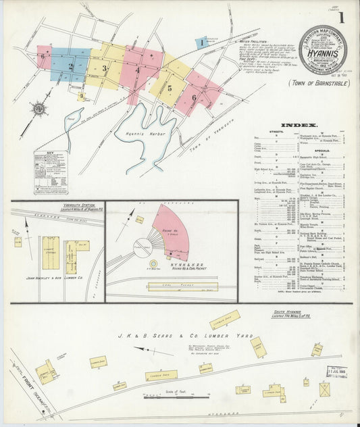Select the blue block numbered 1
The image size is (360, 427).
pos(201,43)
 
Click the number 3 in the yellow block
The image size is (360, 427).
pos(105,68)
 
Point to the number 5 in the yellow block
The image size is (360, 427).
pos(170,88)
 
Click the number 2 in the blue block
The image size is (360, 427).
pos(70,66)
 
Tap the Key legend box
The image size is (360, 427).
pos(51,172)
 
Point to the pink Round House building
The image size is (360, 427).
pos(171,233)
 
